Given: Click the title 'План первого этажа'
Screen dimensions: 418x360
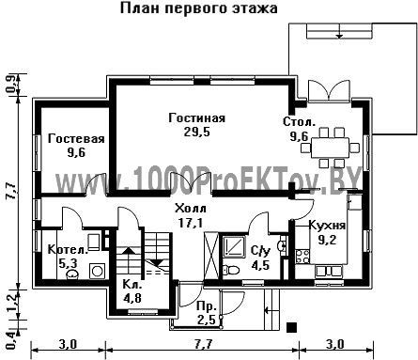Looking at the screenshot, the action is [x=199, y=8].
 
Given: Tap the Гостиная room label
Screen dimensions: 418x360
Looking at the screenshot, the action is [x=197, y=118].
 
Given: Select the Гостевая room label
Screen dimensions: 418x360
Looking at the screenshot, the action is [x=76, y=139].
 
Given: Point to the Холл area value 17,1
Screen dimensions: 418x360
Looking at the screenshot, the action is [x=191, y=223].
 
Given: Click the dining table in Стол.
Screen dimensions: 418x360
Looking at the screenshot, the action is [x=330, y=147].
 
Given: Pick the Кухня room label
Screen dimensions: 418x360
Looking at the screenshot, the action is [x=327, y=226].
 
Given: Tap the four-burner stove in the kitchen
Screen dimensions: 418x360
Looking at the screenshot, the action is [x=302, y=257].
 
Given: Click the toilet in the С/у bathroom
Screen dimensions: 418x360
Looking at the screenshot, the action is [x=231, y=270].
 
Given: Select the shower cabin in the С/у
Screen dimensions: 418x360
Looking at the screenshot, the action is [x=234, y=245].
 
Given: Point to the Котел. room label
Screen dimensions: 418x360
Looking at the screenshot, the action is [x=68, y=250].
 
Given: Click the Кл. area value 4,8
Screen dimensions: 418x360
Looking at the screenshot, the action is [x=132, y=298].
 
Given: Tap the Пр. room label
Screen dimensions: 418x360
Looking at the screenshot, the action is [x=207, y=306].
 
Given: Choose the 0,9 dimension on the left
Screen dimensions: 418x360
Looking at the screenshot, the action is [x=10, y=85].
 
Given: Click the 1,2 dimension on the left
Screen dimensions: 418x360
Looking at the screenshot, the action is [x=11, y=305].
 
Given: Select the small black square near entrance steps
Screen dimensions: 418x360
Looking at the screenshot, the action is [x=292, y=327].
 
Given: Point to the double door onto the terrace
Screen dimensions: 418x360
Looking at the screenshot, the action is [x=328, y=90].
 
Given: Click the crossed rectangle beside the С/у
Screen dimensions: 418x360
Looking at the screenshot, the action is [x=211, y=256].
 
